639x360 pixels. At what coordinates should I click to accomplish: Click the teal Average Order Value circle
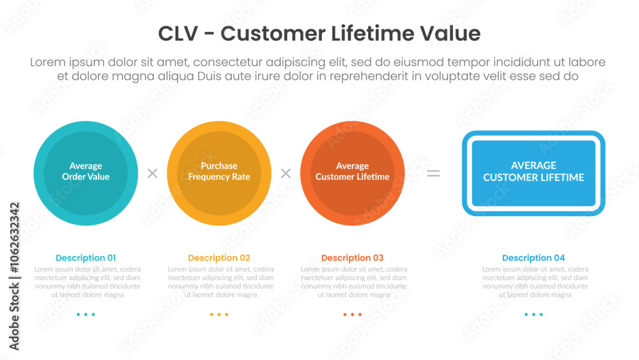pos(86,173)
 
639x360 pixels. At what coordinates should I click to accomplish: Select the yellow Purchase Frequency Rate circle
pos(219,173)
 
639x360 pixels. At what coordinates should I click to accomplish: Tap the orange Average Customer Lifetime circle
pos(353,173)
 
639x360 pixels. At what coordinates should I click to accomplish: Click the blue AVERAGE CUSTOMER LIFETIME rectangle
pos(534,173)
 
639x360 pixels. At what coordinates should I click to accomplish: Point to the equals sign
pos(433,174)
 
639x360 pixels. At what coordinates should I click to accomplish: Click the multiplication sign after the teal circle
pos(153,173)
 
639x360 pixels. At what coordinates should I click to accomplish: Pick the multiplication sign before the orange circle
pos(286,173)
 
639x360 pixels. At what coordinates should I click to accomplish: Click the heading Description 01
pos(86,258)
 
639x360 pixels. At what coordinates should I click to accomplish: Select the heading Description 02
pos(219,258)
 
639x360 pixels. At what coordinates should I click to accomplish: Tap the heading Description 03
pos(353,258)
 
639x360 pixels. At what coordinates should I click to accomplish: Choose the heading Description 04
pos(534,258)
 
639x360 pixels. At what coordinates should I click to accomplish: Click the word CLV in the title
pos(178,33)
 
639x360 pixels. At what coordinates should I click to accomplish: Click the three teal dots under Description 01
pos(86,315)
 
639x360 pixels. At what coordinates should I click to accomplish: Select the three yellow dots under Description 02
pos(219,315)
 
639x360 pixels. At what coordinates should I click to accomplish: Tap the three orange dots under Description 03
pos(353,315)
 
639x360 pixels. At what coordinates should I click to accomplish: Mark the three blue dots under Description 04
pos(534,315)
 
